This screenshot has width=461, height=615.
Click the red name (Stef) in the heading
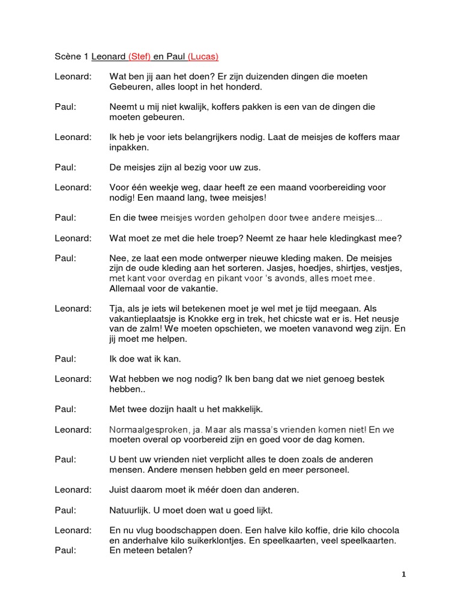click(139, 57)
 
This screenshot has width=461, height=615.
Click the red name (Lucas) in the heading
click(203, 57)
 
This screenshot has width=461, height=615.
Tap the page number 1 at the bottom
click(404, 575)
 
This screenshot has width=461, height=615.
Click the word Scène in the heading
click(68, 57)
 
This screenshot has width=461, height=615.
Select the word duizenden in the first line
click(238, 77)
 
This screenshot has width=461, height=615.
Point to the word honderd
click(246, 87)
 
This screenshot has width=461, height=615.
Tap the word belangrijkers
click(202, 138)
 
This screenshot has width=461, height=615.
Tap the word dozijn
click(168, 410)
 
